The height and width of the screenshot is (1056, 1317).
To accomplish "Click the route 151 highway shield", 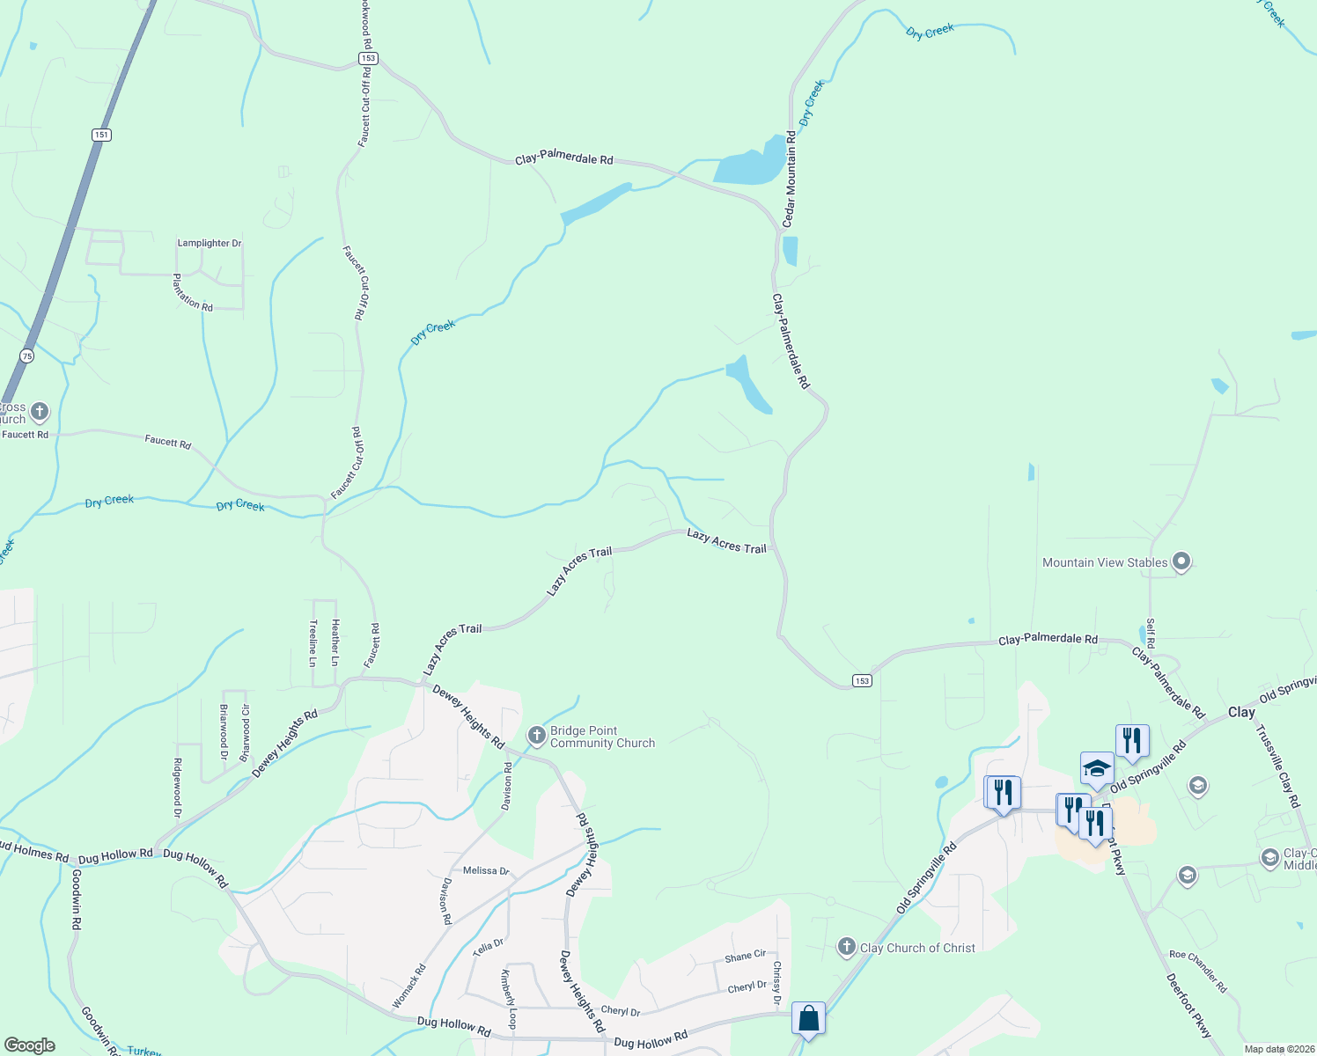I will coord(101,135).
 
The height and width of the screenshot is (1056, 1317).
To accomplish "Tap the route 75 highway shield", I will coord(27,356).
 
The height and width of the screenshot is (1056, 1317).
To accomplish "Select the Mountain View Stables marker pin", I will coord(1182,561).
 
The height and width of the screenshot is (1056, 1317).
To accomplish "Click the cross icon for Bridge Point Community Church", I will coord(537,736).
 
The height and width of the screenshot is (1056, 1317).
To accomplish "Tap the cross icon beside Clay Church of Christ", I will coord(846,947).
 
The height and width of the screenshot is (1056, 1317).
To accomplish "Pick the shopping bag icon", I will coord(808,1018).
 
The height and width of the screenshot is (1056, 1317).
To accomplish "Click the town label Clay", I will coord(1241,712).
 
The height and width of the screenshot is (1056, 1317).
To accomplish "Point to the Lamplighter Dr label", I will coord(210,243).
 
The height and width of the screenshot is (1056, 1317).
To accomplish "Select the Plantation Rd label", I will coord(192,293).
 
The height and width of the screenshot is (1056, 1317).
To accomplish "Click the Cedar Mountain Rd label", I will coord(790,179).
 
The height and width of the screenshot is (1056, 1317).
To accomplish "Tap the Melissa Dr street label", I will coord(486,870).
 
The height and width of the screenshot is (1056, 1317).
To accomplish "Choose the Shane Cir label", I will coord(745,956).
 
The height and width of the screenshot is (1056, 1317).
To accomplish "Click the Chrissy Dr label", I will coord(776,983).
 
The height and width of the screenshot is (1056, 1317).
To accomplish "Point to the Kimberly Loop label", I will coord(509,999).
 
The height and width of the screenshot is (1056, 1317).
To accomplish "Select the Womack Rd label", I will coord(408,986).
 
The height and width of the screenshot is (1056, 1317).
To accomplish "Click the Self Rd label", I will coord(1150,633).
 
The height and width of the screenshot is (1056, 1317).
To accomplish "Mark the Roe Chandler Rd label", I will coord(1197,972).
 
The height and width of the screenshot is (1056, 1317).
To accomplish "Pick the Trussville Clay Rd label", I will coord(1277,766).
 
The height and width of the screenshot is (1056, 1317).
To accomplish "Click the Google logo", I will coord(29,1045).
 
